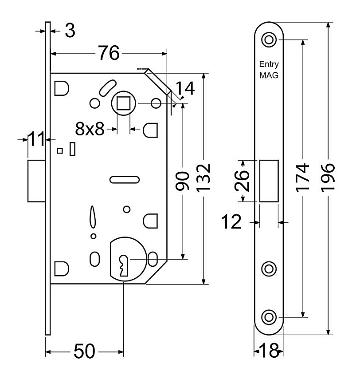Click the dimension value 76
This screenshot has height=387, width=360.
tap(109, 53)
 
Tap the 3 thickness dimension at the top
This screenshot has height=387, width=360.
tap(70, 31)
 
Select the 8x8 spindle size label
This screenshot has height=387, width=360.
tap(90, 129)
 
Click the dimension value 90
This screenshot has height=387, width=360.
tap(182, 181)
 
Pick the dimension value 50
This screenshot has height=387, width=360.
tap(84, 351)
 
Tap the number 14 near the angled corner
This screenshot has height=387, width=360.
tap(185, 88)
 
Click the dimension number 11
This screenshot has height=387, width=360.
tap(36, 139)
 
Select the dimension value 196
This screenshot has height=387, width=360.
tap(328, 178)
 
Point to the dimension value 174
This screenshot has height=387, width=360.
tap(302, 178)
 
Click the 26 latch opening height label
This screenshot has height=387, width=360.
tap(242, 181)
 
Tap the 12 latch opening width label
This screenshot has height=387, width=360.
tap(231, 221)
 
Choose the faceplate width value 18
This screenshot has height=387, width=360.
tap(269, 351)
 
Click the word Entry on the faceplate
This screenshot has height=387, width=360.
tap(269, 64)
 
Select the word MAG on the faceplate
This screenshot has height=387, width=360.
tap(269, 75)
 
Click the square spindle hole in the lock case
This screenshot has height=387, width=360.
tap(123, 103)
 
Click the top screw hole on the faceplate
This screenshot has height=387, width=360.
tap(269, 40)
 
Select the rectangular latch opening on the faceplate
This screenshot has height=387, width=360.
tap(269, 181)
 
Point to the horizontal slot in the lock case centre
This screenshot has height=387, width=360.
tap(125, 180)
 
